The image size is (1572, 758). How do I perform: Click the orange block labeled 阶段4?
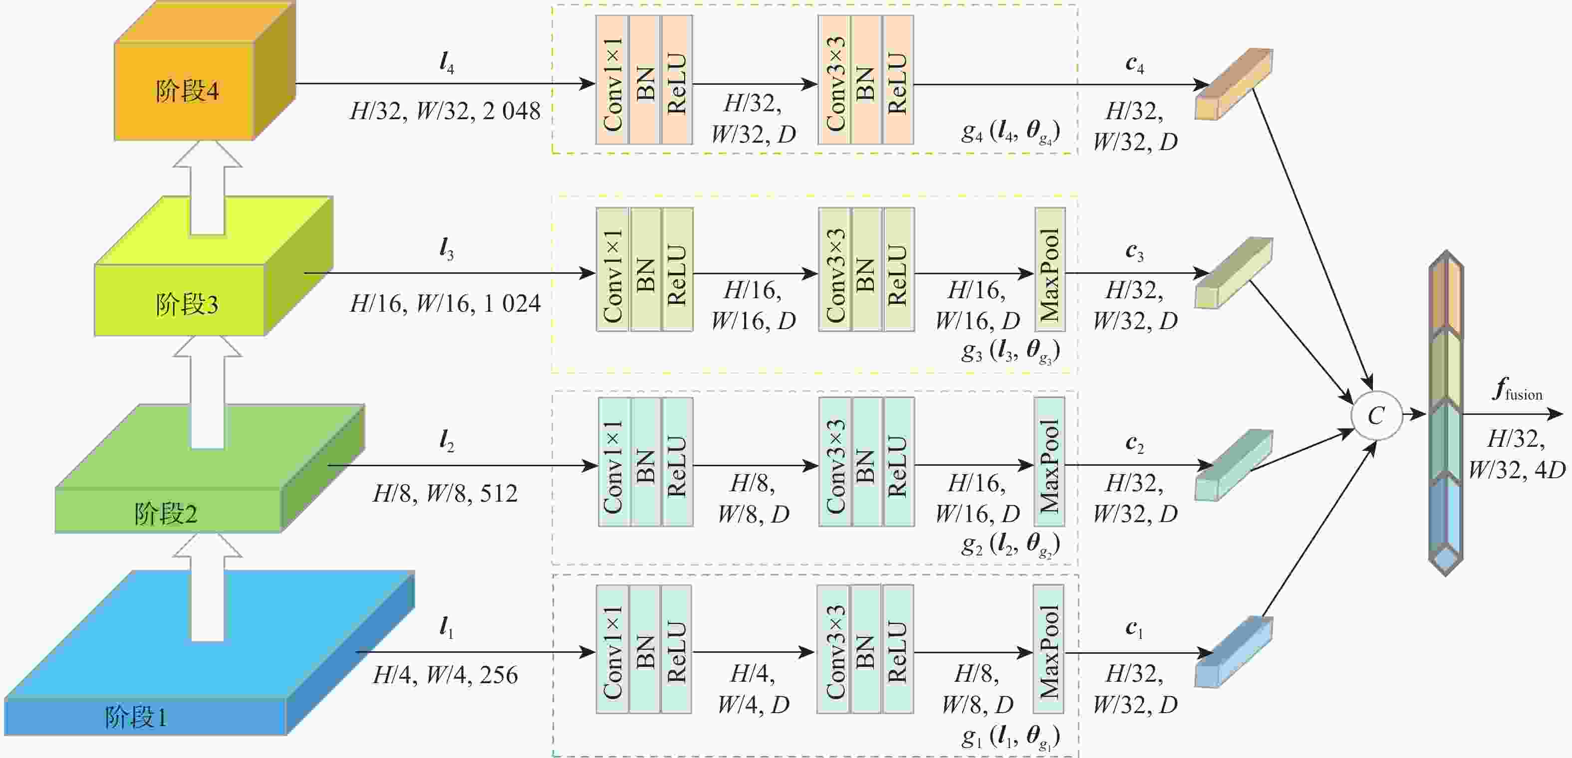point(205,72)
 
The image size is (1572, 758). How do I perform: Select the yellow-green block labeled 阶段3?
point(214,266)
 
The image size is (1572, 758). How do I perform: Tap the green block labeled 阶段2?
point(210,468)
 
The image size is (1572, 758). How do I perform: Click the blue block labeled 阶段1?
point(209,652)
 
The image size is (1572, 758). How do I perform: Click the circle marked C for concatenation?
point(1376,415)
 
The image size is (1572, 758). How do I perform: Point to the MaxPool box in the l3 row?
point(1049,269)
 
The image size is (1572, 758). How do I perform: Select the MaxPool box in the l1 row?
point(1048,649)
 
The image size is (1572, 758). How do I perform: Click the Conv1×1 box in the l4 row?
point(612,80)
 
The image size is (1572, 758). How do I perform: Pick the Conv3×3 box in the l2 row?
point(835,462)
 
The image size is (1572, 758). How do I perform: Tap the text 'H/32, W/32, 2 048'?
point(445,111)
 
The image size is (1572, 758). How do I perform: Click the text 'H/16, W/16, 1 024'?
point(445,303)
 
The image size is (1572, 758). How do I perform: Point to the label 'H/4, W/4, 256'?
point(445,675)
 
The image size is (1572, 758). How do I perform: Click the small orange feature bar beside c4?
point(1233,84)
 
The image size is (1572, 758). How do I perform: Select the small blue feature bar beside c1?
point(1233,652)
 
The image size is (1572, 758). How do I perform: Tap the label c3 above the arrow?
point(1134,252)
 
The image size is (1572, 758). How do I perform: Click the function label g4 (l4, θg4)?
point(1010,131)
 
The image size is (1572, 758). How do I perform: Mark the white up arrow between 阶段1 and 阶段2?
point(208,587)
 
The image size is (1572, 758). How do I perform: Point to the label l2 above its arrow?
point(447,440)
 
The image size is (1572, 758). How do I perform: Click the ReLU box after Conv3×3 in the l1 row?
point(898,649)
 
